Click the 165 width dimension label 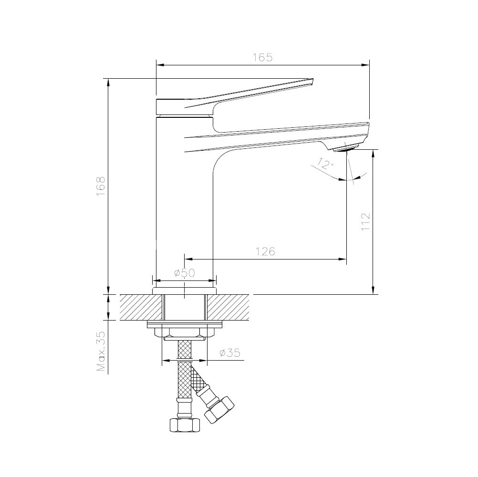tap(262, 57)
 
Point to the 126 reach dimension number tap(265, 251)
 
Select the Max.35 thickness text tap(101, 352)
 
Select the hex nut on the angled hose tap(219, 409)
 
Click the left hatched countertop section tap(141, 307)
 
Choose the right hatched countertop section tap(228, 307)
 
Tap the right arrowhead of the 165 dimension tap(366, 64)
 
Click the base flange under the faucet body tap(184, 290)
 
